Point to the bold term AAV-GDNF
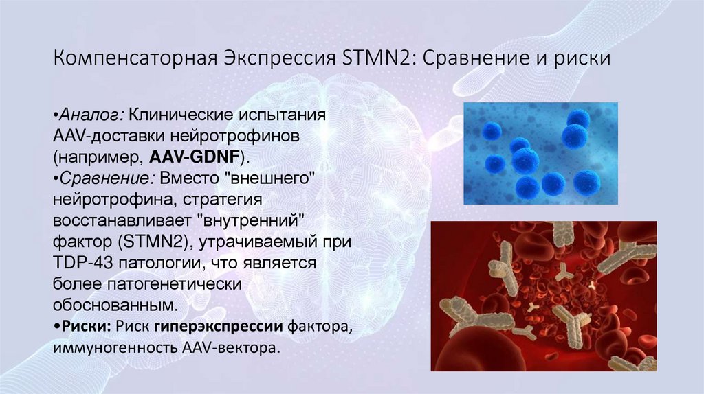(x=199, y=157)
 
